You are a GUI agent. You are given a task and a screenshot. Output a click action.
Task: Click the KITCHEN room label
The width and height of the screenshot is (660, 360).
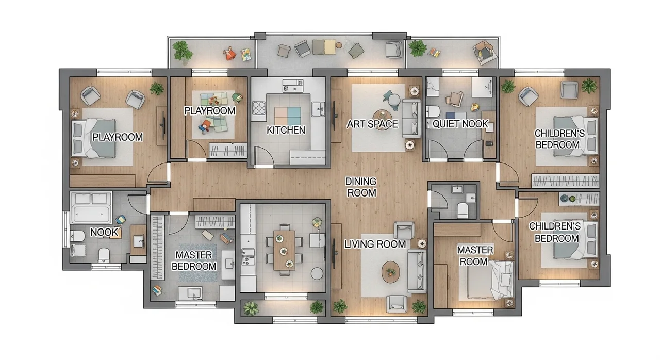pos(286,130)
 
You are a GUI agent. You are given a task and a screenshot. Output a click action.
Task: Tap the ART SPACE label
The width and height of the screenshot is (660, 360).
pos(372,124)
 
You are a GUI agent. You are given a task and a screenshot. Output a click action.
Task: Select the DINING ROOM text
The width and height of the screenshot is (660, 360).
pos(361,187)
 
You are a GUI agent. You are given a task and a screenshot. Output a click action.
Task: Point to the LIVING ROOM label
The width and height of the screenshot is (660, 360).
pos(375,244)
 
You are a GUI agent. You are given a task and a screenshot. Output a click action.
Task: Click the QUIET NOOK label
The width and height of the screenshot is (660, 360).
pos(460,124)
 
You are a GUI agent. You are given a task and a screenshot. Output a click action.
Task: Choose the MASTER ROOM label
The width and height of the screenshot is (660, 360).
pos(474,256)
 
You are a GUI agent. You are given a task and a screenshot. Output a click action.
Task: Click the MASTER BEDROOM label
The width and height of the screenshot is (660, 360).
pos(194,260)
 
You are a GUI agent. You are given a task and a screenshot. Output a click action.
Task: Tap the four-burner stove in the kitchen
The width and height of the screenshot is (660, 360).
pos(259,107)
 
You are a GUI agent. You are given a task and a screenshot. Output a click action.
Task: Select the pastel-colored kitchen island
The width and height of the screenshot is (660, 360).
pos(288,116)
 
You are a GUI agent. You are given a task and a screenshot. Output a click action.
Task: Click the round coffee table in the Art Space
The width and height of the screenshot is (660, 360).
pos(382,115)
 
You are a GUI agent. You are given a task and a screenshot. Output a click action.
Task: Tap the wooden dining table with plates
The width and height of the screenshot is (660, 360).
pos(284,250)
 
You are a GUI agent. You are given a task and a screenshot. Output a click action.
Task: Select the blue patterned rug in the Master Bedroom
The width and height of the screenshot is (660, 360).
pos(199,263)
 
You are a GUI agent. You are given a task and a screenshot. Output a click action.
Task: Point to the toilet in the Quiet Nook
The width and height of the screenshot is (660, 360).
pos(433,111)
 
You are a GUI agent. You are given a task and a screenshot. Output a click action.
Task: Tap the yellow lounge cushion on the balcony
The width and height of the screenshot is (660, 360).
pos(330,47)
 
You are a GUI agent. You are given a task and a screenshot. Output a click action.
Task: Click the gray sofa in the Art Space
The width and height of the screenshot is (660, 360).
pos(411,118)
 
